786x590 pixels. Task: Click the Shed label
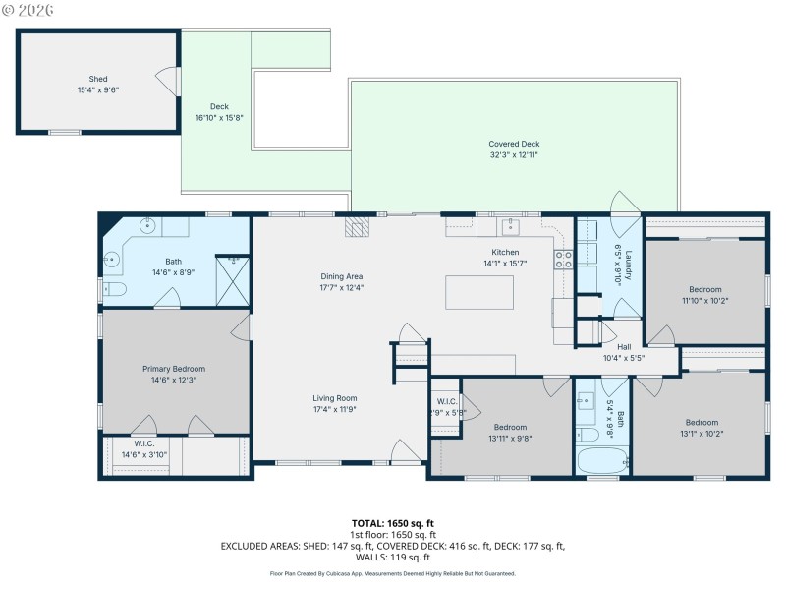click(x=98, y=79)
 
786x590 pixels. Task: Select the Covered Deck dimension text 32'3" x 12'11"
click(x=514, y=154)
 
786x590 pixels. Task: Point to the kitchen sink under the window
click(x=511, y=228)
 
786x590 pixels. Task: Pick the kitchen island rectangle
click(x=479, y=293)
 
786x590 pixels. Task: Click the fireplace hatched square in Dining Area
click(x=357, y=227)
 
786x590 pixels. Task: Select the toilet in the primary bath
click(x=114, y=289)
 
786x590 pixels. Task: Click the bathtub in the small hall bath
click(x=601, y=460)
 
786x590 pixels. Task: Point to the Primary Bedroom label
click(x=174, y=369)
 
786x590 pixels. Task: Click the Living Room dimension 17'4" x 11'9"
click(x=335, y=409)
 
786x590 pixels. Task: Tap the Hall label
click(x=624, y=347)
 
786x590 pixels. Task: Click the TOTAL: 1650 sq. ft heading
click(x=393, y=523)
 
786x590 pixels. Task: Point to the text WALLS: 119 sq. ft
click(x=393, y=557)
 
